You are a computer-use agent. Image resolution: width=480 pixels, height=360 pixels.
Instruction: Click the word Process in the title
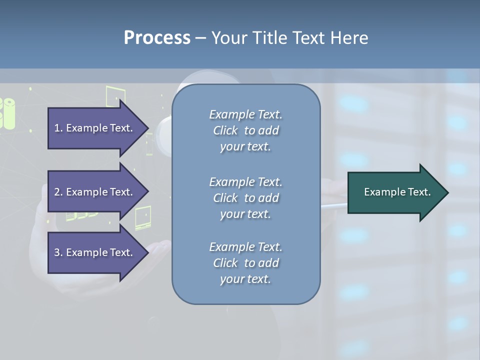(x=157, y=38)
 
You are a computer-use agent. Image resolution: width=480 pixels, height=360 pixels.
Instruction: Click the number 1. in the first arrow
(x=58, y=128)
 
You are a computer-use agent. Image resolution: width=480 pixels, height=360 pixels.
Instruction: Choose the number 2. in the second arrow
(x=58, y=192)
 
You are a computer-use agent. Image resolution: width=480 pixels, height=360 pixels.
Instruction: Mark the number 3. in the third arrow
(x=58, y=252)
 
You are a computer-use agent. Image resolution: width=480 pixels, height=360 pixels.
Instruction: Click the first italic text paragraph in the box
(x=245, y=130)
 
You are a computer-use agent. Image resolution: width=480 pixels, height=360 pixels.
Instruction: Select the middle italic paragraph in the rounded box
(x=245, y=198)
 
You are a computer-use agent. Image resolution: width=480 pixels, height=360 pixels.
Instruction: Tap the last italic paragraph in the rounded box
(x=245, y=263)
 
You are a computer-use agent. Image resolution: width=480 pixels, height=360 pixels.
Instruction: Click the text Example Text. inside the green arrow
(x=397, y=192)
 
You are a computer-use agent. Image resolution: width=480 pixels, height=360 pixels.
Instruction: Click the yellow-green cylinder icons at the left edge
(x=7, y=113)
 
